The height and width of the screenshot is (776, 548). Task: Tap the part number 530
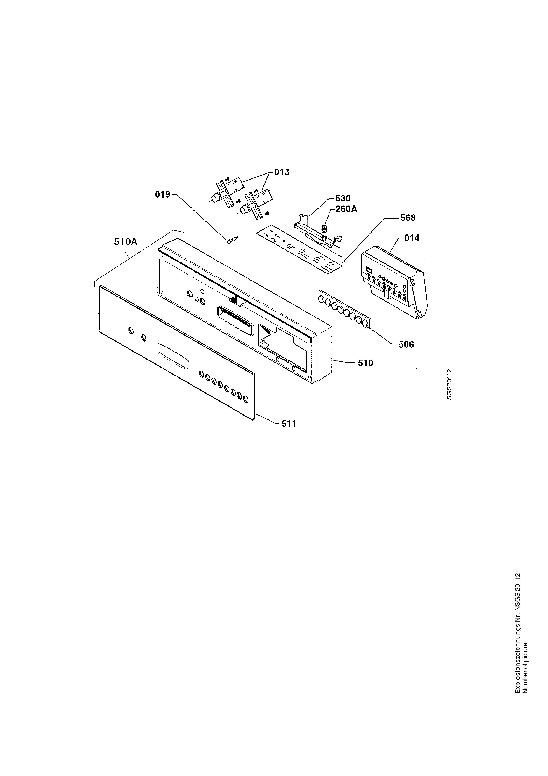[x=343, y=198]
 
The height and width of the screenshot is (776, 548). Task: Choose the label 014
[x=412, y=238]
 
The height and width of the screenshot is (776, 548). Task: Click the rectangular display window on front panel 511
[x=173, y=358]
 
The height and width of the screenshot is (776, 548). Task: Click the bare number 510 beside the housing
[x=366, y=363]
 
